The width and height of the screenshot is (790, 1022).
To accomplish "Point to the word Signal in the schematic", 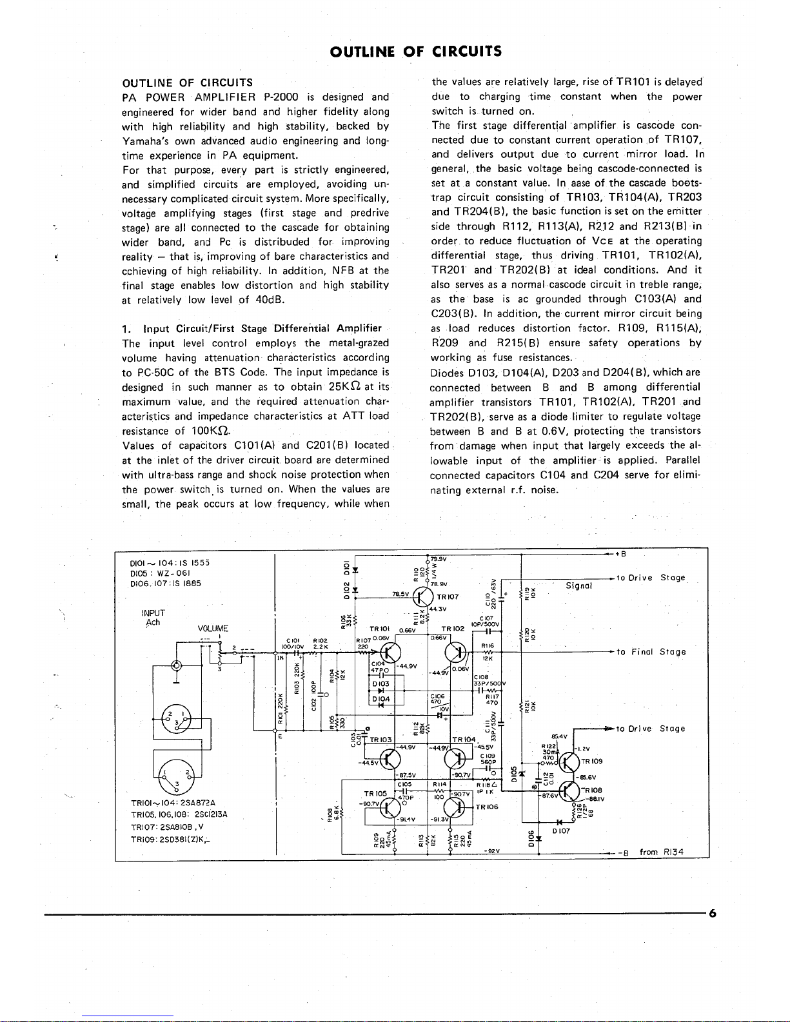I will click(x=578, y=585).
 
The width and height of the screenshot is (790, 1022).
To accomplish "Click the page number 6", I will click(x=713, y=912).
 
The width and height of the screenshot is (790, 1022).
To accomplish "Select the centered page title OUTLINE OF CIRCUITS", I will click(x=415, y=51).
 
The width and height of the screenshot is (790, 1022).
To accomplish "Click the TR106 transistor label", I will click(x=487, y=807).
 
